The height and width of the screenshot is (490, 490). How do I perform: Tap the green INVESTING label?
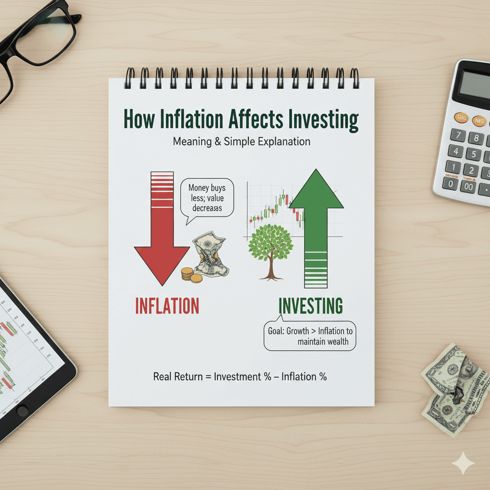click(311, 305)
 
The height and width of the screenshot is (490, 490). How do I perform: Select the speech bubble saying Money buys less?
click(207, 198)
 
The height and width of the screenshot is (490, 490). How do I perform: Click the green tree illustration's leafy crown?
click(270, 243)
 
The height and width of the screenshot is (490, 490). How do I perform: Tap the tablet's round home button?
click(22, 411)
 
